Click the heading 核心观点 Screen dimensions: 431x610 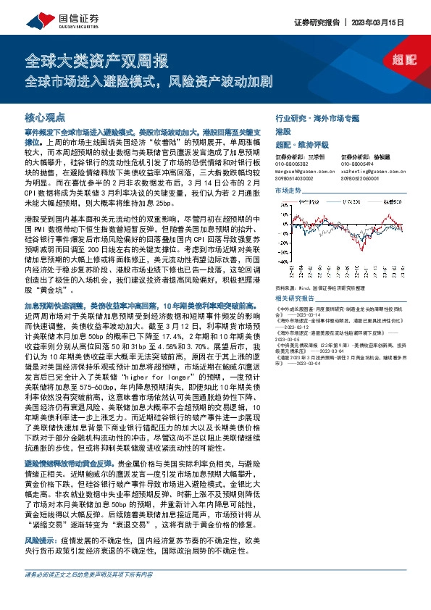pyautogui.click(x=45, y=116)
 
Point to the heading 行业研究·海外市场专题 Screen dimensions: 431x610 pyautogui.click(x=317, y=117)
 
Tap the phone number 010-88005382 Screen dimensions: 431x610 pyautogui.click(x=292, y=164)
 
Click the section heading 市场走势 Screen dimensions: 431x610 pyautogui.click(x=287, y=190)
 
